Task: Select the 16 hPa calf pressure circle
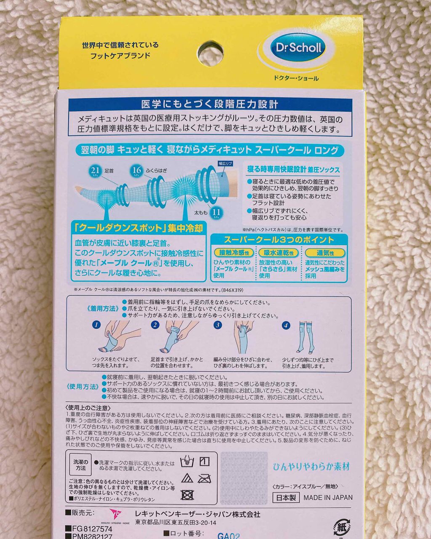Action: click(136, 170)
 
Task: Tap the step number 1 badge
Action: click(97, 325)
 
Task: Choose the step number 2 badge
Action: click(155, 325)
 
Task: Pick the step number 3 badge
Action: click(218, 325)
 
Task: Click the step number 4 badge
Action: click(286, 325)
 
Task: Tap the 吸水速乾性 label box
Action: click(279, 253)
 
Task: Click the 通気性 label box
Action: click(325, 253)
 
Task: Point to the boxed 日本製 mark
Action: click(286, 497)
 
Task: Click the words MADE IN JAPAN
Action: click(328, 497)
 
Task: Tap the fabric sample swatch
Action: click(244, 478)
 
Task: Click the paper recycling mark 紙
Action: click(341, 526)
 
